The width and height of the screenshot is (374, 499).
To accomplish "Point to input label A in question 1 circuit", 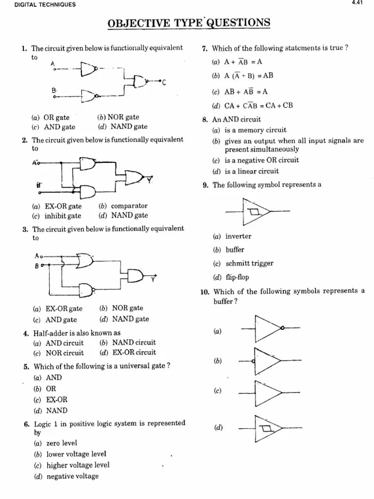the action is tap(52, 63).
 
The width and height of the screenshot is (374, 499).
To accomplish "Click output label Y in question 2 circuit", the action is tap(150, 181).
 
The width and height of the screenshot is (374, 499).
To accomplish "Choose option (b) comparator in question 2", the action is tap(129, 206).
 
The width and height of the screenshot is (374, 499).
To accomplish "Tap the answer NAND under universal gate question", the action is tap(57, 411).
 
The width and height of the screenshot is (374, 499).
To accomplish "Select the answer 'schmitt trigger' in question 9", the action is tap(249, 264).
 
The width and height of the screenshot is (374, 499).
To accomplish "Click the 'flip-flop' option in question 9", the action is tap(237, 278).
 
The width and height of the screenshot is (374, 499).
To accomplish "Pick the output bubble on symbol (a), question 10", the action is tap(282, 328).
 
